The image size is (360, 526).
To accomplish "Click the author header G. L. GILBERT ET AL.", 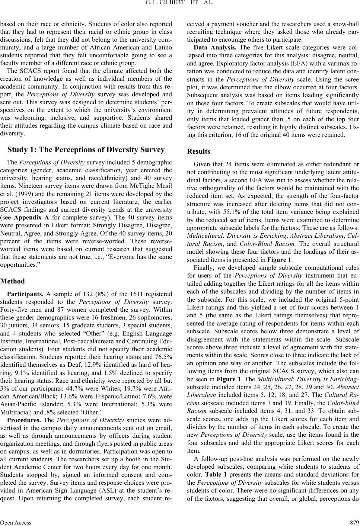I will (180, 5).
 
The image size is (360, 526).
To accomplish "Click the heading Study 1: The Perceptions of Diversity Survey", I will (86, 150).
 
